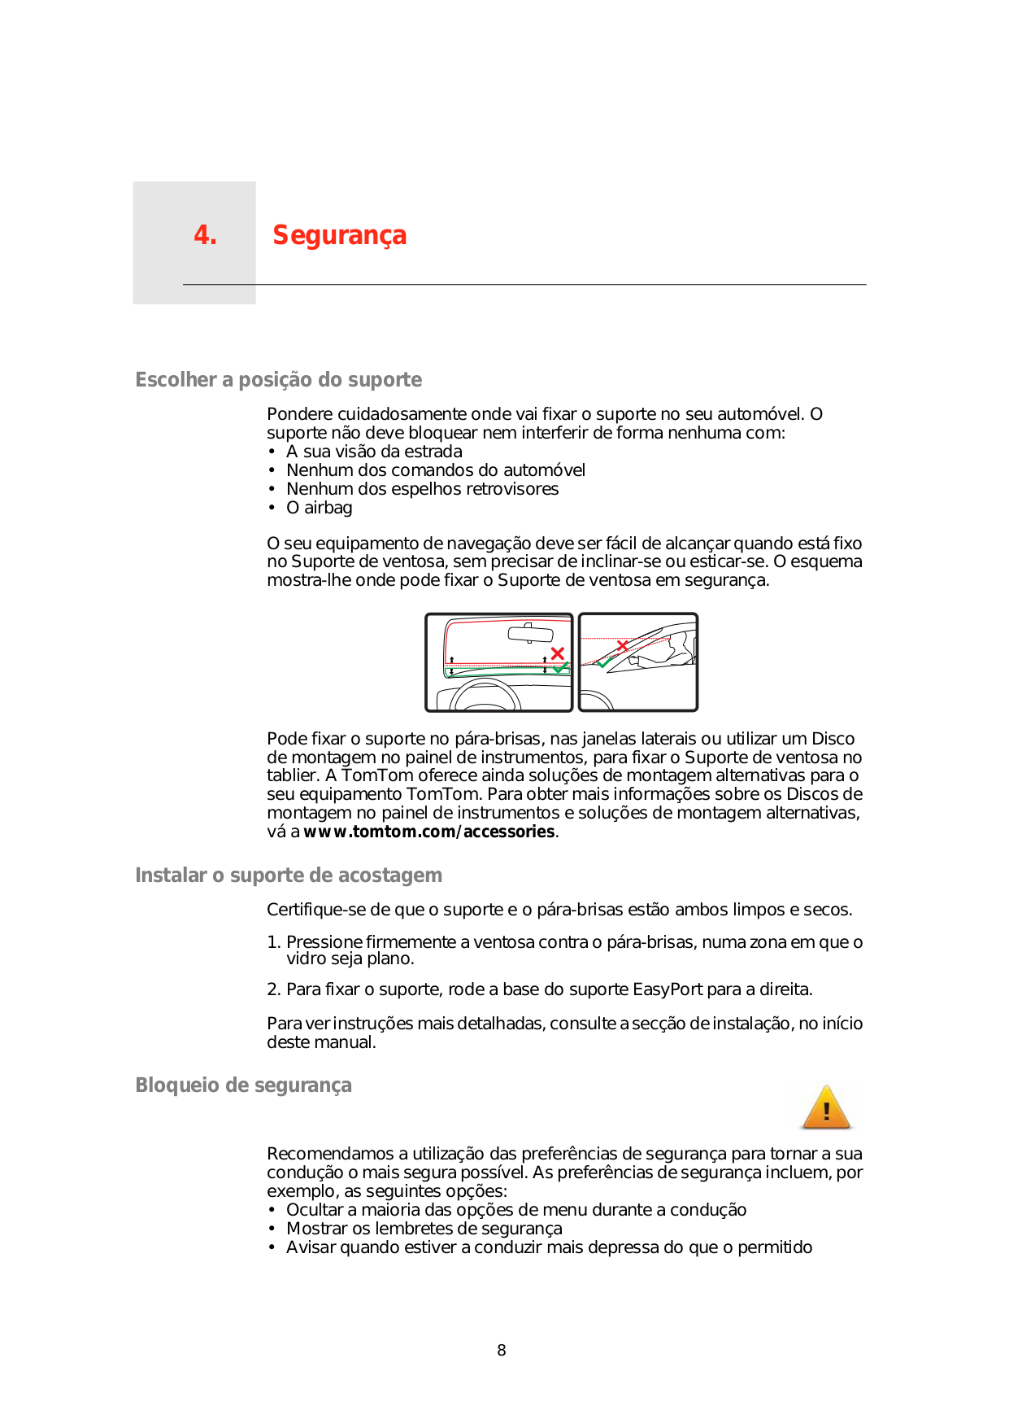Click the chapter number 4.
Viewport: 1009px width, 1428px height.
point(205,235)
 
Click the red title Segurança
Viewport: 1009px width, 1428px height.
point(339,235)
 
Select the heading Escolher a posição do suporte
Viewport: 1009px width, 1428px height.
point(278,380)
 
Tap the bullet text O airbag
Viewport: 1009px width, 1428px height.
point(319,508)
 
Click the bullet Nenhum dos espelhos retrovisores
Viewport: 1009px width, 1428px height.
point(422,489)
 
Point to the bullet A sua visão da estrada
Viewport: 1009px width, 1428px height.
point(374,452)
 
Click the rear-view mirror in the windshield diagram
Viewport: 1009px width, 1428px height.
point(530,634)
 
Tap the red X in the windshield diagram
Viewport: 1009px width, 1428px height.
point(558,653)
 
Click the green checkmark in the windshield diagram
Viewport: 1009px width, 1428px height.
point(561,668)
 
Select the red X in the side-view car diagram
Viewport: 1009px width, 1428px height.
point(622,646)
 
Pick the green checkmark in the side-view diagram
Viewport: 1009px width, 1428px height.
point(604,662)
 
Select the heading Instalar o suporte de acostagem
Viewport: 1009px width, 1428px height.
point(289,876)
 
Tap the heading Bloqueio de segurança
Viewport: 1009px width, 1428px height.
point(243,1085)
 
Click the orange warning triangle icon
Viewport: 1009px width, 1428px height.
point(826,1108)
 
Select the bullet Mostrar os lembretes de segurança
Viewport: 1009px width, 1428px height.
point(424,1229)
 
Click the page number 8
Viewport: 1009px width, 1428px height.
point(502,1351)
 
